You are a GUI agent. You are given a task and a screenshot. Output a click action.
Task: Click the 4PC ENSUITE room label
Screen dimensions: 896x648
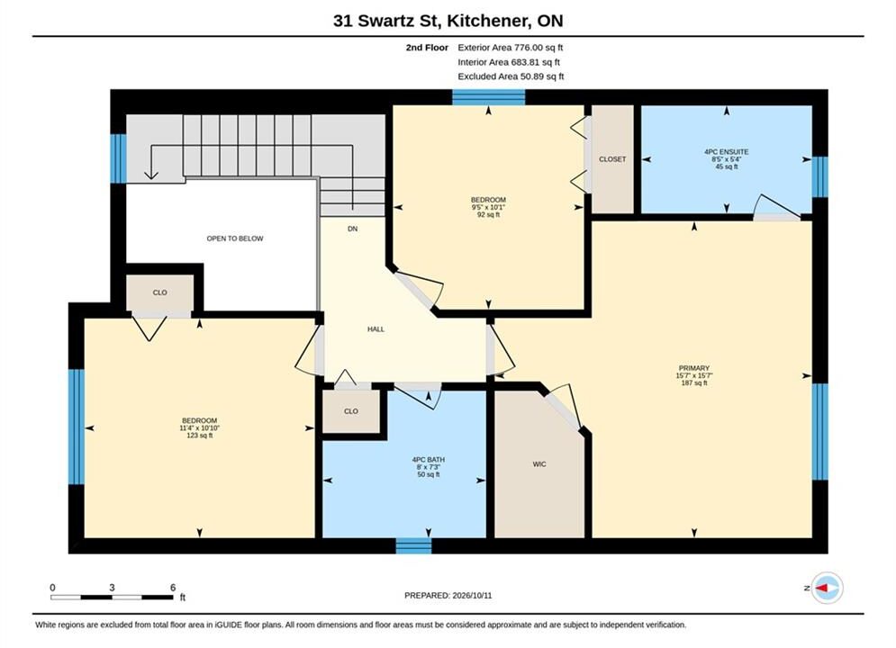[x=727, y=152]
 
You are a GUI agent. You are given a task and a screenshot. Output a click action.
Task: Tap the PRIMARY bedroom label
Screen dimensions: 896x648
[x=693, y=368]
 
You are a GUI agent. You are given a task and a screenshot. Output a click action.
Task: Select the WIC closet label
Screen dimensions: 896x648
[x=539, y=464]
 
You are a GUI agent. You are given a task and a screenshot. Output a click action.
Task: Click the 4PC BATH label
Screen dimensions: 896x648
[x=428, y=460]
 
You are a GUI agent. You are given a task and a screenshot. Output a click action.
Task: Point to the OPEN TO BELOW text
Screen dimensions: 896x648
[x=235, y=238]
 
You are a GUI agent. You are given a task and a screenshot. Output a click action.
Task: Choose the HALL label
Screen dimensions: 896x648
[x=376, y=328]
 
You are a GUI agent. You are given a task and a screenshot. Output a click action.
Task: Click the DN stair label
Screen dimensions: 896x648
[x=353, y=229]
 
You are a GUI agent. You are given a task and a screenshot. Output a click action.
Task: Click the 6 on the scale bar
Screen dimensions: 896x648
[x=173, y=588]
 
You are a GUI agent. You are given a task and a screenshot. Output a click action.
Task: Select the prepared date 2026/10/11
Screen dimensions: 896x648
[x=472, y=596]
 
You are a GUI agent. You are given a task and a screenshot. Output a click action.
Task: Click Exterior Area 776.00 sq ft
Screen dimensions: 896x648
[x=511, y=48]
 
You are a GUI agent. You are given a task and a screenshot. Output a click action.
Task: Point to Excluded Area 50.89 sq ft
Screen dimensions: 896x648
[x=511, y=76]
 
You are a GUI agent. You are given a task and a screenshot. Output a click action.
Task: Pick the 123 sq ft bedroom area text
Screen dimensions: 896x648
[x=200, y=436]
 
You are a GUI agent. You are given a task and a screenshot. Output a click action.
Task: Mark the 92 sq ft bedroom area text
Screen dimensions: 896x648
[x=489, y=215]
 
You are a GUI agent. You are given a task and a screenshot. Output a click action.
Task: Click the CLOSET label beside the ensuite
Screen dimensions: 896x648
[x=612, y=159]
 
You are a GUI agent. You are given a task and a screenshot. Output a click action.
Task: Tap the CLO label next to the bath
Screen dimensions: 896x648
[x=351, y=411]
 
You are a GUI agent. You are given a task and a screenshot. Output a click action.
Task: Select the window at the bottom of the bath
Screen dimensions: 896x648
[x=413, y=545]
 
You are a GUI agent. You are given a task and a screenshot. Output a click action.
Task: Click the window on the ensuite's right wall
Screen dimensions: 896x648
[x=820, y=177]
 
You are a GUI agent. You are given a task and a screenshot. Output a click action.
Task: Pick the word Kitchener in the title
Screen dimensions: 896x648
[x=487, y=21]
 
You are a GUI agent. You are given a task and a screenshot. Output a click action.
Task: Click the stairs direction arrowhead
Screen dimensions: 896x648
[x=151, y=174]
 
